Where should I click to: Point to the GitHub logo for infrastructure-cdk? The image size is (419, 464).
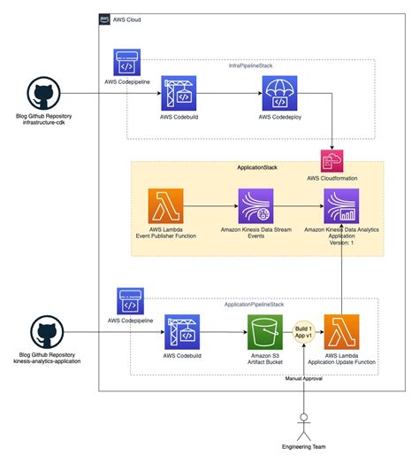pyautogui.click(x=43, y=92)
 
